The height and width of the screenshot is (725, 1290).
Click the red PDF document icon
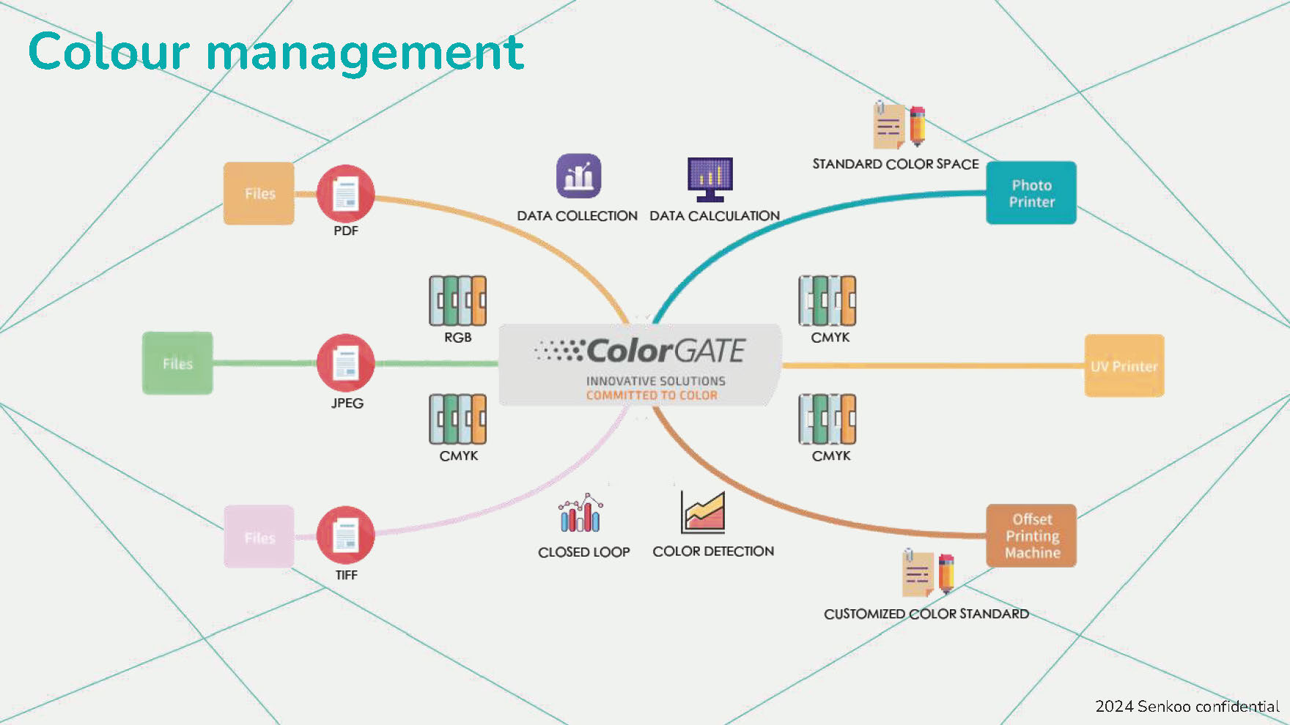coord(345,194)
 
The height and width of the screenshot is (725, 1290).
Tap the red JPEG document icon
coord(345,363)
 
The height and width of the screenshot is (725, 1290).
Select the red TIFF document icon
coord(345,535)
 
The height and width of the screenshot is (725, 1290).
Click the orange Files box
coord(259,193)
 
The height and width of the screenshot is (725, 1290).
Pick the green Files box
coord(177,363)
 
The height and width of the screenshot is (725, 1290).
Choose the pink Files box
coord(259,537)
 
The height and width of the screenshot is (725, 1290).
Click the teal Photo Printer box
coord(1031,193)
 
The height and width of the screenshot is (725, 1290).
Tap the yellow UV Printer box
coord(1124,366)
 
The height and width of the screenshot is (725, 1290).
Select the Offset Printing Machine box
coord(1031,535)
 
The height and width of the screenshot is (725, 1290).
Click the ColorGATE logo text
coord(665,351)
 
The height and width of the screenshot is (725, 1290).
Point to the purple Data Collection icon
coord(578,176)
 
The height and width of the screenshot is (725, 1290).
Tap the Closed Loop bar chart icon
coord(580,513)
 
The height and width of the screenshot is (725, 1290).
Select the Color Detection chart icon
coord(703,513)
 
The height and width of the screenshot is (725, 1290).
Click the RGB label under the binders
coord(457,338)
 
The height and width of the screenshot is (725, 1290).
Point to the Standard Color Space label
coord(895,164)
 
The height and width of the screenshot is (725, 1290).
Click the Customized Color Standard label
coord(926,614)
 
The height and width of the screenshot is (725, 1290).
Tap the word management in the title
coord(365,53)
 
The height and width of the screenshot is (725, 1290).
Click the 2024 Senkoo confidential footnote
coord(1187,706)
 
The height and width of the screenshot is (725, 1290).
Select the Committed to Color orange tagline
coord(652,395)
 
